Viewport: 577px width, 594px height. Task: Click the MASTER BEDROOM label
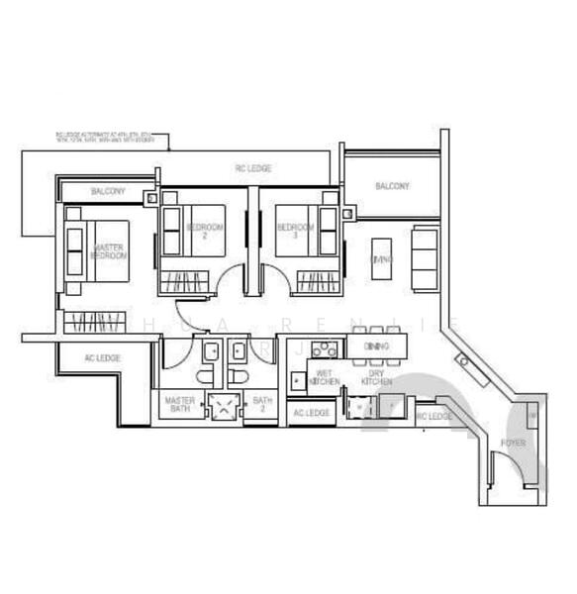pyautogui.click(x=110, y=250)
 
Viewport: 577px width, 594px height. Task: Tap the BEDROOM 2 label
pyautogui.click(x=205, y=232)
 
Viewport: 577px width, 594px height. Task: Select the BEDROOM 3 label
pyautogui.click(x=296, y=232)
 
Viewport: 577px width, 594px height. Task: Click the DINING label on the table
pyautogui.click(x=376, y=346)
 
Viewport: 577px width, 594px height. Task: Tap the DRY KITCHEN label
pyautogui.click(x=376, y=377)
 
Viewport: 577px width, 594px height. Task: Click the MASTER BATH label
pyautogui.click(x=178, y=405)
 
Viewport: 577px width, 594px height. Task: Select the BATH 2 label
pyautogui.click(x=261, y=405)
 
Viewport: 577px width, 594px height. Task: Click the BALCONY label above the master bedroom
pyautogui.click(x=107, y=190)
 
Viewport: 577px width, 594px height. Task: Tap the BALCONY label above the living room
pyautogui.click(x=392, y=186)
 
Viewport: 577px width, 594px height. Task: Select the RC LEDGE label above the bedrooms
pyautogui.click(x=253, y=168)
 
